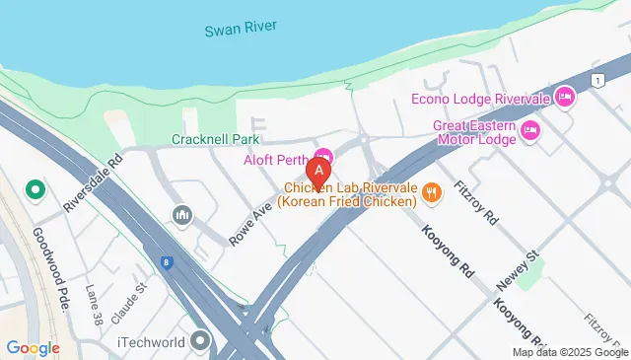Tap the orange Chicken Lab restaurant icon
431,193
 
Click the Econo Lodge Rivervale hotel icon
564,97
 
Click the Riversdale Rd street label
91,180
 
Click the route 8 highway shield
170,262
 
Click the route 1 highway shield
596,79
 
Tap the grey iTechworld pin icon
201,341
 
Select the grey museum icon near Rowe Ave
180,214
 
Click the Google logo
34,347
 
